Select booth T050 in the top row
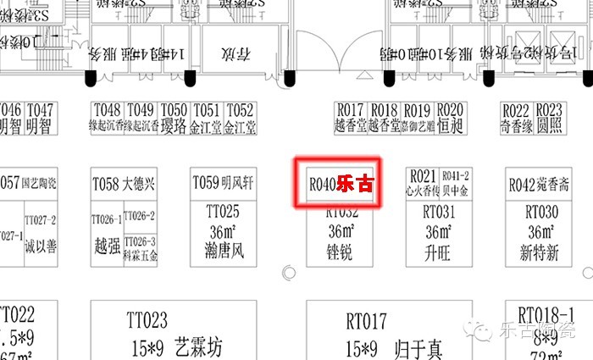coord(174,118)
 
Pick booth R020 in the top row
coord(451,118)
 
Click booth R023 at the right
coord(549,118)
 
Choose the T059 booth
coord(223,183)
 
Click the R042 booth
coord(539,184)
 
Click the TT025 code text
coord(223,211)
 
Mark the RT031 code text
coord(438,211)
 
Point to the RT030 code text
coord(541,211)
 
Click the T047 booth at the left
coord(39,118)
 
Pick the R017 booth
coord(350,118)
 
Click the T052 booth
coord(240,118)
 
